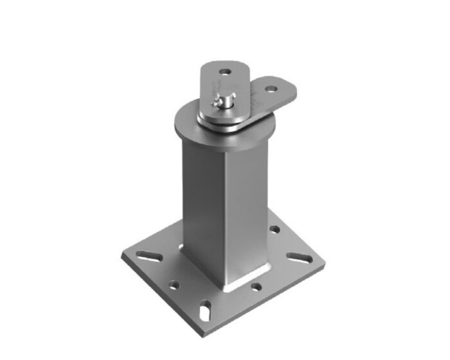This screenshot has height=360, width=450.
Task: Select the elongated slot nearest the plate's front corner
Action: point(204,312)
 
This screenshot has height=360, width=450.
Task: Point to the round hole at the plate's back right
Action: point(274,229)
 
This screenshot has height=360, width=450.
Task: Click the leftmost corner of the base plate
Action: point(122,255)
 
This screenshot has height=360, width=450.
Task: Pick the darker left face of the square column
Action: point(199,199)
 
